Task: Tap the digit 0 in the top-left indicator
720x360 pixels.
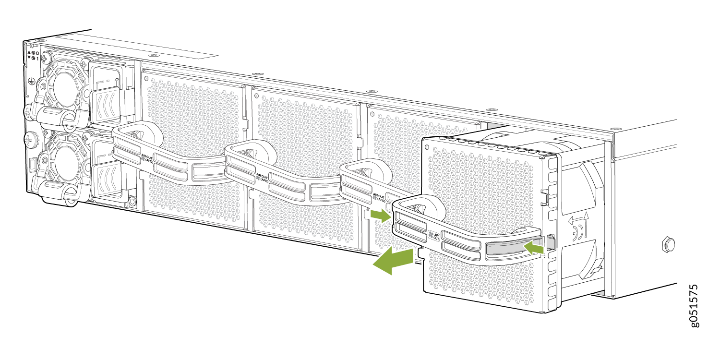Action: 37,52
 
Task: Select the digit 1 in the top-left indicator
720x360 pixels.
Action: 37,58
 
